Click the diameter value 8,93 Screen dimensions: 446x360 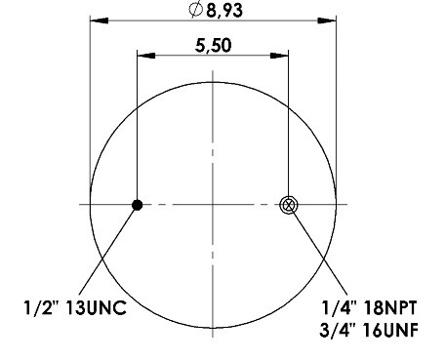(x=224, y=10)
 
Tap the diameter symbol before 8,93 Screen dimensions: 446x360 (x=195, y=10)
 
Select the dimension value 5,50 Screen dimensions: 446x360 (x=214, y=46)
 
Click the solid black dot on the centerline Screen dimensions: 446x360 (x=138, y=205)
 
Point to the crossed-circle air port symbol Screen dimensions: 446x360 (x=289, y=205)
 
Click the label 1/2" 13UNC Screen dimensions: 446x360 (x=75, y=307)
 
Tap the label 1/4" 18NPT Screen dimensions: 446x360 (x=369, y=307)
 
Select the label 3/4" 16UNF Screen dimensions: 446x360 (x=369, y=330)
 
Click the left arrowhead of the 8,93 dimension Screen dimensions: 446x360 (x=99, y=20)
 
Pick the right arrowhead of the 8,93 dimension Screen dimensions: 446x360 (x=327, y=20)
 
